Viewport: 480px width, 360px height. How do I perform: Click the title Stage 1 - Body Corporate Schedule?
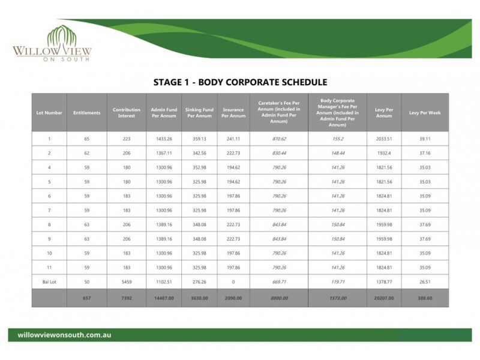click(x=240, y=82)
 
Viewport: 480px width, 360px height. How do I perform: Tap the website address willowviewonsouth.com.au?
click(x=65, y=335)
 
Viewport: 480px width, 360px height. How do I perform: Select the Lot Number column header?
click(x=49, y=113)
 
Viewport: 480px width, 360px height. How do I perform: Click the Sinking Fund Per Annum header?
click(x=199, y=113)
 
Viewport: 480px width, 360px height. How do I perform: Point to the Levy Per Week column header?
click(x=425, y=113)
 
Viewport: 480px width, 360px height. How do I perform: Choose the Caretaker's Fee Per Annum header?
click(x=279, y=113)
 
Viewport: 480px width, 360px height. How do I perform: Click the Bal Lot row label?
click(x=49, y=281)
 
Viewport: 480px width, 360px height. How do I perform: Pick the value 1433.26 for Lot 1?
click(x=164, y=139)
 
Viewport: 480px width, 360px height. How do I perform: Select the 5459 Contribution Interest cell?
click(x=126, y=281)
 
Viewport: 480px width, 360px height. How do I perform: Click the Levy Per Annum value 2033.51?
click(x=384, y=139)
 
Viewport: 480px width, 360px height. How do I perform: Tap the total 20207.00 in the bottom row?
click(x=384, y=298)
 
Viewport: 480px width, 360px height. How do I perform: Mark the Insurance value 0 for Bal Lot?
click(x=233, y=281)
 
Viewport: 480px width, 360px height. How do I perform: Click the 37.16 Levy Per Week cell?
click(x=425, y=153)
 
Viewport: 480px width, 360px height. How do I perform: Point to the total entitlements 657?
click(x=87, y=298)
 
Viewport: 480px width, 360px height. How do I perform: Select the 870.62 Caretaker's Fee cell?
click(x=279, y=139)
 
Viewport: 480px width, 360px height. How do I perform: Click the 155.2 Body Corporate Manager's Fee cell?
click(x=337, y=139)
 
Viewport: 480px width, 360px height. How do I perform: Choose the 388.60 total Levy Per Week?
click(x=425, y=298)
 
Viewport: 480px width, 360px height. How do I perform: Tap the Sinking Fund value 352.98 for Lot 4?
click(x=199, y=167)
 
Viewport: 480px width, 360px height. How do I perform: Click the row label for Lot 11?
click(x=49, y=267)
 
